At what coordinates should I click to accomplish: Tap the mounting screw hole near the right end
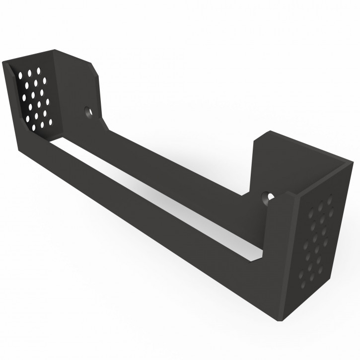click(x=269, y=197)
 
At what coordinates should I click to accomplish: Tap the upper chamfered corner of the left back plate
click(x=94, y=70)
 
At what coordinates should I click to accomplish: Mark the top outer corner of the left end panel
click(x=4, y=62)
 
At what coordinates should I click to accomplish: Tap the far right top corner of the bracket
click(x=353, y=162)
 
